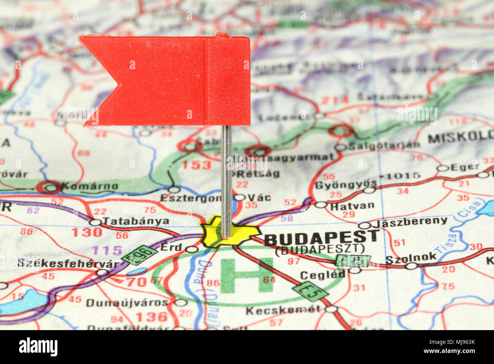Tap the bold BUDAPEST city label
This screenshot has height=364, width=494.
coord(321,238)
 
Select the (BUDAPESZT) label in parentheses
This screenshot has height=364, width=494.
coord(320,250)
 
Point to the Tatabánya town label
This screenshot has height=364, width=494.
coord(136,221)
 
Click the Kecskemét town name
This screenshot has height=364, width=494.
coord(283,310)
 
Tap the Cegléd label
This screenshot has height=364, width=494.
coord(323,275)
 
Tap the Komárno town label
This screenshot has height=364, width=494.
coord(90,187)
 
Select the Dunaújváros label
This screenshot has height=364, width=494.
coord(127,303)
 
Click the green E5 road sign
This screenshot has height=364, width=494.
coord(310,292)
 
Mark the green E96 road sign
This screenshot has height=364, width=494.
coord(139,255)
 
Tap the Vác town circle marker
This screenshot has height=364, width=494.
coord(240,197)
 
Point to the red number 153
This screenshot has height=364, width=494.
coord(196,165)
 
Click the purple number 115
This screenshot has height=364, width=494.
coord(107,251)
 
